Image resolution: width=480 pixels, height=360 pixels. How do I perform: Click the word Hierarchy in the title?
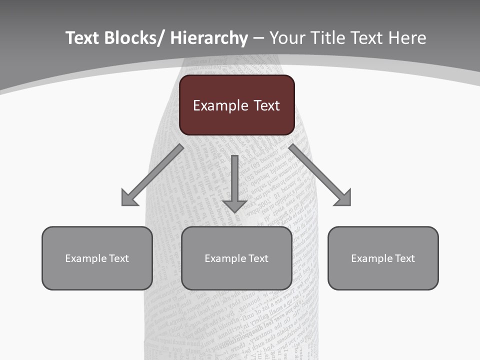click(209, 38)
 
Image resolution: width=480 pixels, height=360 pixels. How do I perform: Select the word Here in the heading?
click(407, 38)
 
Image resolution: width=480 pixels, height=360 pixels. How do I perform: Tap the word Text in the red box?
click(266, 106)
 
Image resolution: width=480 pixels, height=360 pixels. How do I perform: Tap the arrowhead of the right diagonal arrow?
click(344, 198)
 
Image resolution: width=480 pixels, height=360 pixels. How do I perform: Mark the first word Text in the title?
click(82, 38)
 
